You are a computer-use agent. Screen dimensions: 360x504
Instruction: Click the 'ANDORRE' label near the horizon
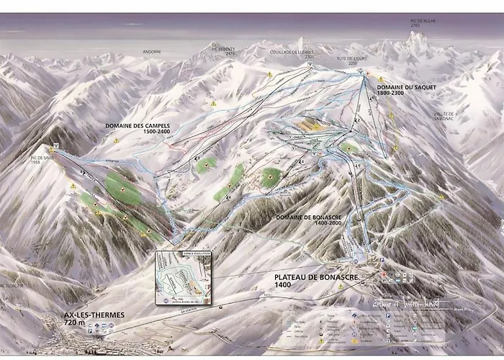(x=153, y=52)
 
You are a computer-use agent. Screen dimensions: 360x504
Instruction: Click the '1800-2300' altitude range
(x=395, y=94)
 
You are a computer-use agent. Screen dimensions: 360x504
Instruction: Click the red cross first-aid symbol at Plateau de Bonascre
(x=384, y=275)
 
